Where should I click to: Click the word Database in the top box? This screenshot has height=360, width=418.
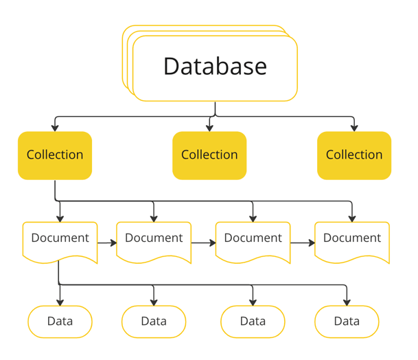(x=215, y=66)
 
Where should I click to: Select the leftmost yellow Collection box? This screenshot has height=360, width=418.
(x=55, y=155)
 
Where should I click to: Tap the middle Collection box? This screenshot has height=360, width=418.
(x=209, y=155)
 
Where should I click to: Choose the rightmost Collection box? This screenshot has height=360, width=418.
(x=354, y=155)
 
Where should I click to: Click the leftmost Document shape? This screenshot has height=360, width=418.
(x=60, y=240)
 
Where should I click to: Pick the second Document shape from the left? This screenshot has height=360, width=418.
(x=154, y=240)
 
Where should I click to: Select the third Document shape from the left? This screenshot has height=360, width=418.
(x=253, y=240)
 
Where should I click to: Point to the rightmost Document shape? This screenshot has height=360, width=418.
(x=352, y=240)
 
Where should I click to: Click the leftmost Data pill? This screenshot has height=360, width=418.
(x=60, y=321)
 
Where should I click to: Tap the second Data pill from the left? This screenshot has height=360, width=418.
(x=154, y=321)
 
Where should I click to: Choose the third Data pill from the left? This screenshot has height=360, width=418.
(x=253, y=321)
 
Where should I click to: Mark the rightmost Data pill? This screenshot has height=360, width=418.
(x=347, y=321)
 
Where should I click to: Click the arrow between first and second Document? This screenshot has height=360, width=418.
(x=107, y=243)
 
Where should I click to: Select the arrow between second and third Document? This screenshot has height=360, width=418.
(x=203, y=243)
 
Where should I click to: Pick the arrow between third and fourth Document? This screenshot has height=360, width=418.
(x=302, y=243)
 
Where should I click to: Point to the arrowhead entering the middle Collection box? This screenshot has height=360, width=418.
(x=210, y=128)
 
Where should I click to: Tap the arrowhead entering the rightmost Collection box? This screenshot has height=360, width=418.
(x=354, y=128)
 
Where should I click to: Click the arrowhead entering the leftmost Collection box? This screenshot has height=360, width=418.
(x=55, y=128)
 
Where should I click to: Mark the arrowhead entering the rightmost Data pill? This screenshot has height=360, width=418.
(x=347, y=302)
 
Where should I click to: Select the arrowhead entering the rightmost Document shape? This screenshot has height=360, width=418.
(x=352, y=218)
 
